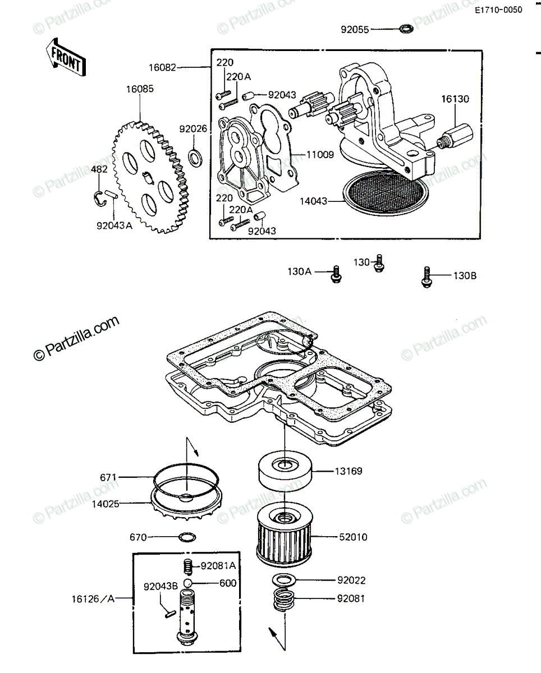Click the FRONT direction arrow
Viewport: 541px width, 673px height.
[x=66, y=58]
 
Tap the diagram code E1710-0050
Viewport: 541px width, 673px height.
[x=498, y=10]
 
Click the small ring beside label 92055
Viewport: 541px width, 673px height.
[x=406, y=29]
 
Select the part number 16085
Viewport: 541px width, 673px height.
[x=140, y=89]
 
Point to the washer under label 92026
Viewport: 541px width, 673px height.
[x=195, y=158]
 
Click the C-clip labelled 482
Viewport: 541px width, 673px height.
[x=99, y=199]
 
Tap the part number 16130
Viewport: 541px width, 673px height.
[x=455, y=99]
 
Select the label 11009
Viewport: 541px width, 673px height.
[x=320, y=154]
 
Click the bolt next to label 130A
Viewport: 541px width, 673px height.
[x=336, y=275]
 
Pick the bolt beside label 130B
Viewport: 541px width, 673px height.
[x=427, y=277]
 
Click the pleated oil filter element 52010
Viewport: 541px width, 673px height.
[x=284, y=537]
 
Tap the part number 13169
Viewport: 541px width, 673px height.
[x=349, y=480]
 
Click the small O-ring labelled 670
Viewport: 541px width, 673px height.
[x=187, y=537]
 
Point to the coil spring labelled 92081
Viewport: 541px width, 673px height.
[x=284, y=599]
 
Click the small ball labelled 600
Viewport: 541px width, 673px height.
[x=188, y=583]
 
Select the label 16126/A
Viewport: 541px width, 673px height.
[x=93, y=599]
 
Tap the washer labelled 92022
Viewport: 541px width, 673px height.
[x=284, y=580]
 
